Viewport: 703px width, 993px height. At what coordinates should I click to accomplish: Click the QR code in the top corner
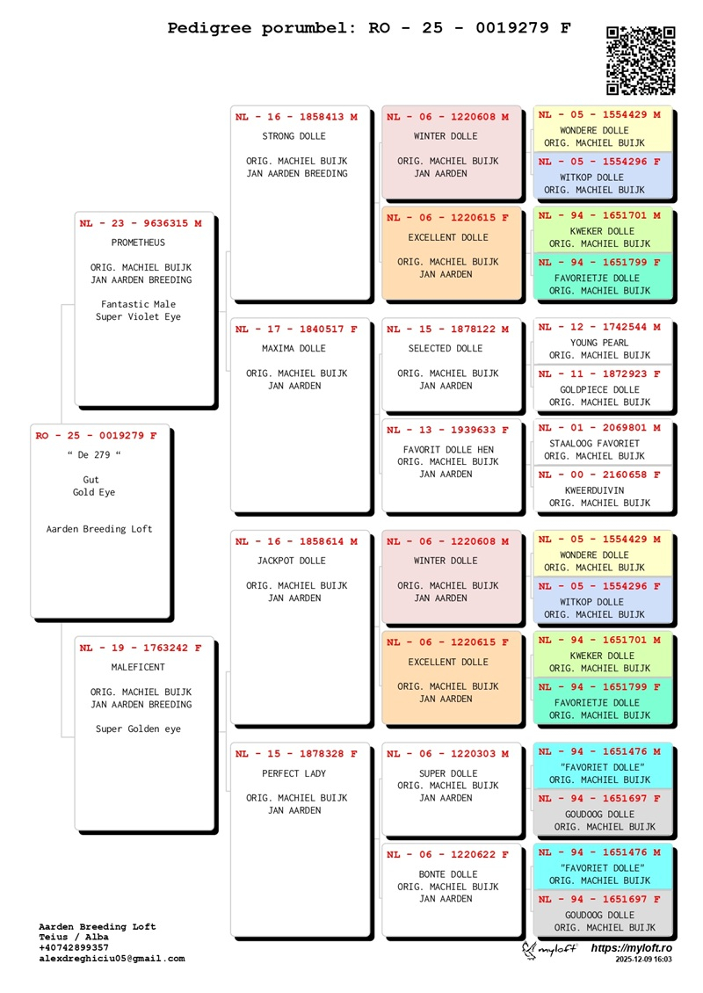[x=641, y=60]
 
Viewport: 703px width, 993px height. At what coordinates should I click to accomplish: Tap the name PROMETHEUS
[x=138, y=243]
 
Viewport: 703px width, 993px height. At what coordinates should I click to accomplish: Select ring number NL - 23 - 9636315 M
[x=141, y=223]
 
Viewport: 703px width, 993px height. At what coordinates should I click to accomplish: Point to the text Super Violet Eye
[x=138, y=317]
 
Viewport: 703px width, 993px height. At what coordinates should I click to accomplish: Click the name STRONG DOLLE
[x=294, y=136]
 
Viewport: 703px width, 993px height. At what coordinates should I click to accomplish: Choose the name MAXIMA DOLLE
[x=294, y=349]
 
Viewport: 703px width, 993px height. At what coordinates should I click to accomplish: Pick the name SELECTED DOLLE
[x=446, y=349]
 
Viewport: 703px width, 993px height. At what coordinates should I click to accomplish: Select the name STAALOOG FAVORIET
[x=594, y=444]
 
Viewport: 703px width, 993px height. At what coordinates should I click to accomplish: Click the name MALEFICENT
[x=138, y=667]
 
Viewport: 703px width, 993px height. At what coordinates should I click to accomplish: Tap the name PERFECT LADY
[x=294, y=774]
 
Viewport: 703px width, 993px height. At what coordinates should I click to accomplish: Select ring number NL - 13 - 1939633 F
[x=447, y=430]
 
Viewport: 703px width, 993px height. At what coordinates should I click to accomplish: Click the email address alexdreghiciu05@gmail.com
[x=112, y=959]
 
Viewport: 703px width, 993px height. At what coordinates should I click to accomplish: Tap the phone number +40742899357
[x=74, y=948]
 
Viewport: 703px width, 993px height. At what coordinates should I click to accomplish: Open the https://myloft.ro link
[x=631, y=948]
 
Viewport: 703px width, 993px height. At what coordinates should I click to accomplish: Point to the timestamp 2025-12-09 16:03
[x=643, y=960]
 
